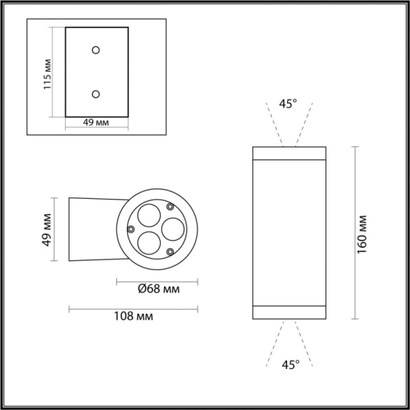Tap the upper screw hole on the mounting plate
[x=96, y=50]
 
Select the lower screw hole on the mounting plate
[x=96, y=94]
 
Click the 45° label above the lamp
[x=288, y=104]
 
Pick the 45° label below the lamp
[x=288, y=364]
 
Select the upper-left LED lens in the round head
[x=146, y=217]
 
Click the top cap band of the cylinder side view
[x=288, y=153]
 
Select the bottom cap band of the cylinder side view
[x=288, y=312]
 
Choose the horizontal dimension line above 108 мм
[x=133, y=308]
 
